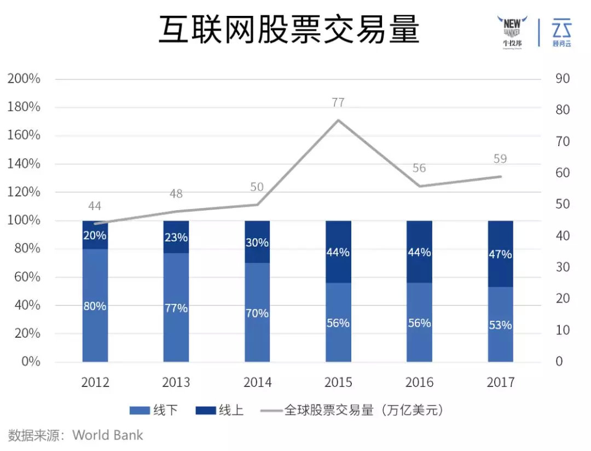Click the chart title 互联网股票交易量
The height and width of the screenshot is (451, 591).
coord(289,31)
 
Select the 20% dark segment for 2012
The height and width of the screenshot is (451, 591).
coord(95,235)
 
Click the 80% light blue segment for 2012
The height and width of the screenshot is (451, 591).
coord(95,305)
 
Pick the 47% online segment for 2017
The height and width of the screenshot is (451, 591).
coord(500,254)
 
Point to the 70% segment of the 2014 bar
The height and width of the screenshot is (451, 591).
coord(257,313)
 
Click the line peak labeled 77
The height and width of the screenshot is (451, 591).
coord(338,119)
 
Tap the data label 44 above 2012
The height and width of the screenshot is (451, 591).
coord(95,206)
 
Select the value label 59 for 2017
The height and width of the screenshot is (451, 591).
coord(500,159)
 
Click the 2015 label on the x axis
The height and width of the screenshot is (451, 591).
coord(338,382)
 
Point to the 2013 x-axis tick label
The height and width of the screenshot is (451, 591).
coord(176,382)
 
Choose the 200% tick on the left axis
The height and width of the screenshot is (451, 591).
coord(24,79)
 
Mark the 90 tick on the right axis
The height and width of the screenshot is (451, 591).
coord(562,79)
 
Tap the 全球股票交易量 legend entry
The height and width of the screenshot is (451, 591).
coord(350,410)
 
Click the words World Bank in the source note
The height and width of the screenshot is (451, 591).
coord(108,436)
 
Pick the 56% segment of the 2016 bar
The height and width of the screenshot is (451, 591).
coord(419,323)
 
